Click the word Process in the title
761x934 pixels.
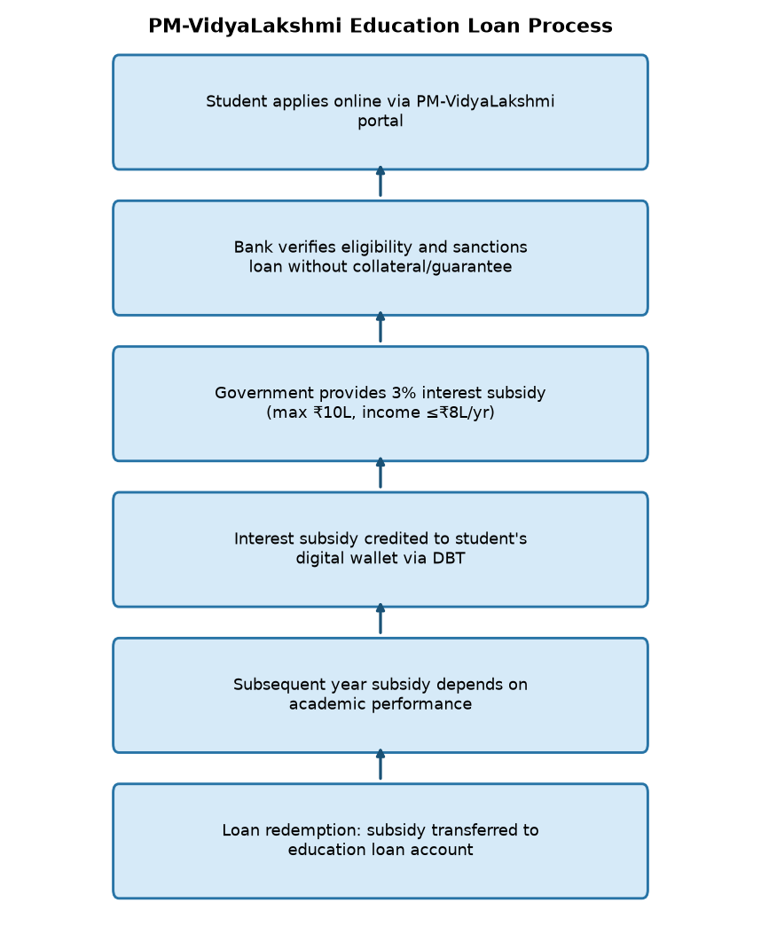point(569,27)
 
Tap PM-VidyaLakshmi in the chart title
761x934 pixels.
point(245,27)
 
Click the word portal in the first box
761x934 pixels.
point(380,122)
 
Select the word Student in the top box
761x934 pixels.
point(235,102)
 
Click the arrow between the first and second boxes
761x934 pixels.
point(380,182)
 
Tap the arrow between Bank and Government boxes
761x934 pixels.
point(380,327)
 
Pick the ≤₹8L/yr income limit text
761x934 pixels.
point(460,412)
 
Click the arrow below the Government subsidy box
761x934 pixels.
point(380,474)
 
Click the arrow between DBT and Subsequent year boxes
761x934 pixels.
point(380,619)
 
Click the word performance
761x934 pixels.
point(422,704)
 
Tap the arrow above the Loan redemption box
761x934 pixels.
point(380,765)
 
